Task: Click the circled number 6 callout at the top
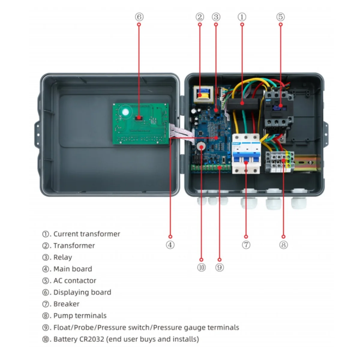click(x=139, y=17)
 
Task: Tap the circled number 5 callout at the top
click(x=280, y=17)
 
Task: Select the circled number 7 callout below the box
click(x=246, y=245)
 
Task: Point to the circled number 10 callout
click(x=201, y=267)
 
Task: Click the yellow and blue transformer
click(x=203, y=95)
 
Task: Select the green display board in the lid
click(x=141, y=124)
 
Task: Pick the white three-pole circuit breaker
click(x=246, y=154)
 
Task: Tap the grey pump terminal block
click(x=279, y=162)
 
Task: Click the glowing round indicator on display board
click(x=125, y=112)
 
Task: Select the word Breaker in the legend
click(x=66, y=304)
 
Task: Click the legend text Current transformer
click(x=86, y=234)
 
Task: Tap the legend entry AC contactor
click(x=75, y=280)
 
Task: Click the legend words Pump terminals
click(x=80, y=316)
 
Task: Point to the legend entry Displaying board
click(x=82, y=292)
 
